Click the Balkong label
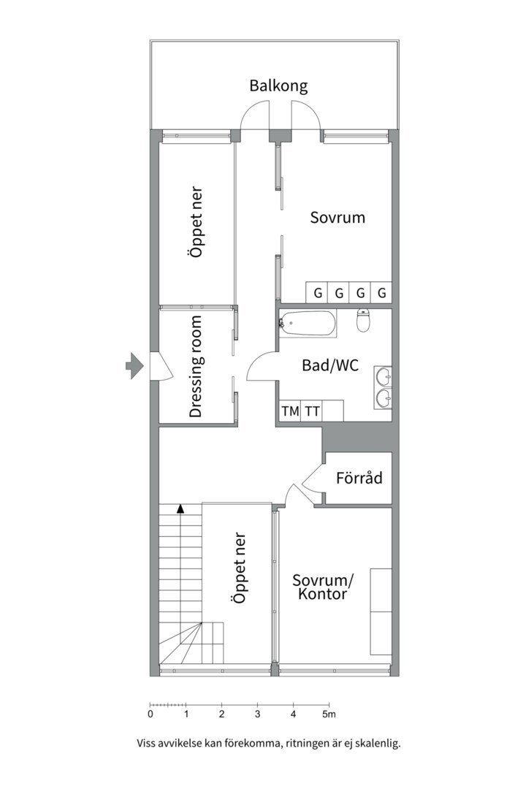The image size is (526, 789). (x=278, y=86)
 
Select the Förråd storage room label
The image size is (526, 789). (x=359, y=477)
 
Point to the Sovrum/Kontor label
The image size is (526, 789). (x=323, y=587)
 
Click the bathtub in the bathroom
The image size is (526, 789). (x=308, y=324)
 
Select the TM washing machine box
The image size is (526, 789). (x=291, y=411)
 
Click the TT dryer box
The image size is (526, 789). (x=312, y=411)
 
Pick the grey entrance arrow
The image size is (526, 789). (x=134, y=365)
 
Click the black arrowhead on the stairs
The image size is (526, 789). (x=180, y=508)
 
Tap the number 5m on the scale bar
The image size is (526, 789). (x=329, y=714)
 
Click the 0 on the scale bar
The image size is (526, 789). (x=150, y=714)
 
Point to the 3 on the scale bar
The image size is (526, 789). (x=258, y=714)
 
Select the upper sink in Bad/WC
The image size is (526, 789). (x=383, y=376)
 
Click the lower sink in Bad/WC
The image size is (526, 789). (x=383, y=399)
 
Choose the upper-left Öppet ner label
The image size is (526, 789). (x=196, y=222)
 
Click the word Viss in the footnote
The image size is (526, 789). (x=146, y=743)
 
